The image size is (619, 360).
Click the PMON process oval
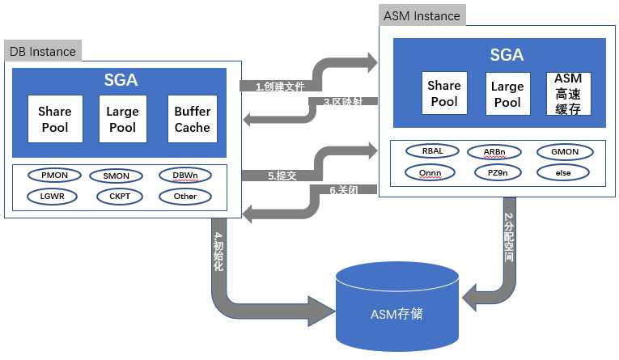54,176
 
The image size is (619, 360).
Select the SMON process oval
116,176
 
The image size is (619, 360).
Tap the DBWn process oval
185,176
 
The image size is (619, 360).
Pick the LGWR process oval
52,197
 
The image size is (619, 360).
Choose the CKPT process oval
120,197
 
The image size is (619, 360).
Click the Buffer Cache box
193,119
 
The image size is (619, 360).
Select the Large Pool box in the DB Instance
122,119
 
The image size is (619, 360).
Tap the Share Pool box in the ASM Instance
444,93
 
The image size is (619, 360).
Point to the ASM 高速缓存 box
569,94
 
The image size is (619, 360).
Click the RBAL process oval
433,151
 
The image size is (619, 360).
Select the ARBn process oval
494,152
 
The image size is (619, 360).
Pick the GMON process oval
565,152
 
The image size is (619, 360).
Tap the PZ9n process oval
498,173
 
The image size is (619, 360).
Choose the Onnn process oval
430,173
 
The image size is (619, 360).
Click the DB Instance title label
43,51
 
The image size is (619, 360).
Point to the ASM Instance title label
422,16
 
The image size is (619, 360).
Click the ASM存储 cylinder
397,307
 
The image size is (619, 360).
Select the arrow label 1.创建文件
280,87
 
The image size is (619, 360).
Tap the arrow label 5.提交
282,176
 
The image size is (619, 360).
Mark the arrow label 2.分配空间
509,238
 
